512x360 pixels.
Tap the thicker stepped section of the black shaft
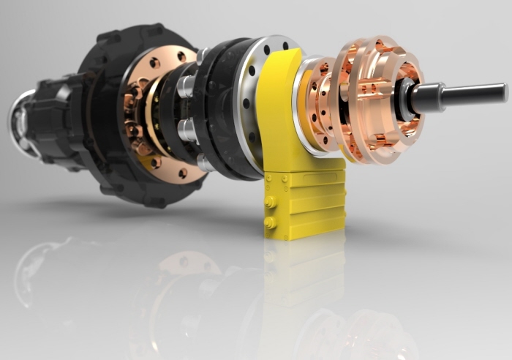[x=429, y=97]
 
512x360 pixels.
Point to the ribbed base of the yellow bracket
[x=308, y=202]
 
